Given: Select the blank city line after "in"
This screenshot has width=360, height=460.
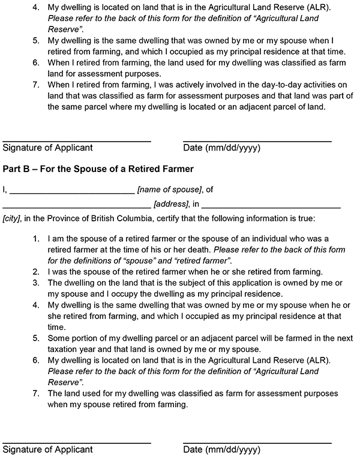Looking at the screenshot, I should click(x=271, y=207).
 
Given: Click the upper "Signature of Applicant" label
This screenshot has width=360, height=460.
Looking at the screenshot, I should click(x=48, y=148).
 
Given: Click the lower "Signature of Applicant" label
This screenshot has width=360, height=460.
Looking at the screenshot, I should click(x=48, y=449).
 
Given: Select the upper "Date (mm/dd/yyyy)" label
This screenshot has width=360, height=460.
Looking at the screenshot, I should click(x=221, y=148).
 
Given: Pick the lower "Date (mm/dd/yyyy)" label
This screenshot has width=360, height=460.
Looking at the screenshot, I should click(x=221, y=449).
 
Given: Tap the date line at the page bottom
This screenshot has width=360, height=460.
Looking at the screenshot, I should click(x=257, y=443).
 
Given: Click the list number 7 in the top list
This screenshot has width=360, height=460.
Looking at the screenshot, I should click(x=35, y=86).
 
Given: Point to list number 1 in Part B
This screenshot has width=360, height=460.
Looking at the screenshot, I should click(x=35, y=238).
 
